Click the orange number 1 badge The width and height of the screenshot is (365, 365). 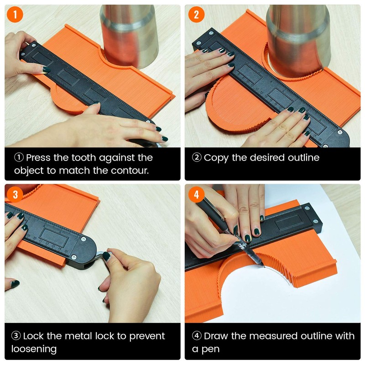pyautogui.click(x=15, y=15)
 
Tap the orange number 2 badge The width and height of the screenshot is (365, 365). pyautogui.click(x=196, y=15)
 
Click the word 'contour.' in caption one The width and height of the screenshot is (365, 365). pyautogui.click(x=130, y=171)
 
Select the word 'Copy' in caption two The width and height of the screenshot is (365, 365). pyautogui.click(x=216, y=158)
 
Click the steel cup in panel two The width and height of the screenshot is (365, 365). pyautogui.click(x=299, y=40)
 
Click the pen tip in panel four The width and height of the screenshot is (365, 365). pyautogui.click(x=264, y=266)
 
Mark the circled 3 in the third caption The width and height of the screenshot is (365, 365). pyautogui.click(x=16, y=336)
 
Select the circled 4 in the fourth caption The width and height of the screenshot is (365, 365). pyautogui.click(x=197, y=336)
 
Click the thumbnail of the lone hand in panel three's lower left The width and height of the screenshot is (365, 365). pyautogui.click(x=12, y=284)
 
